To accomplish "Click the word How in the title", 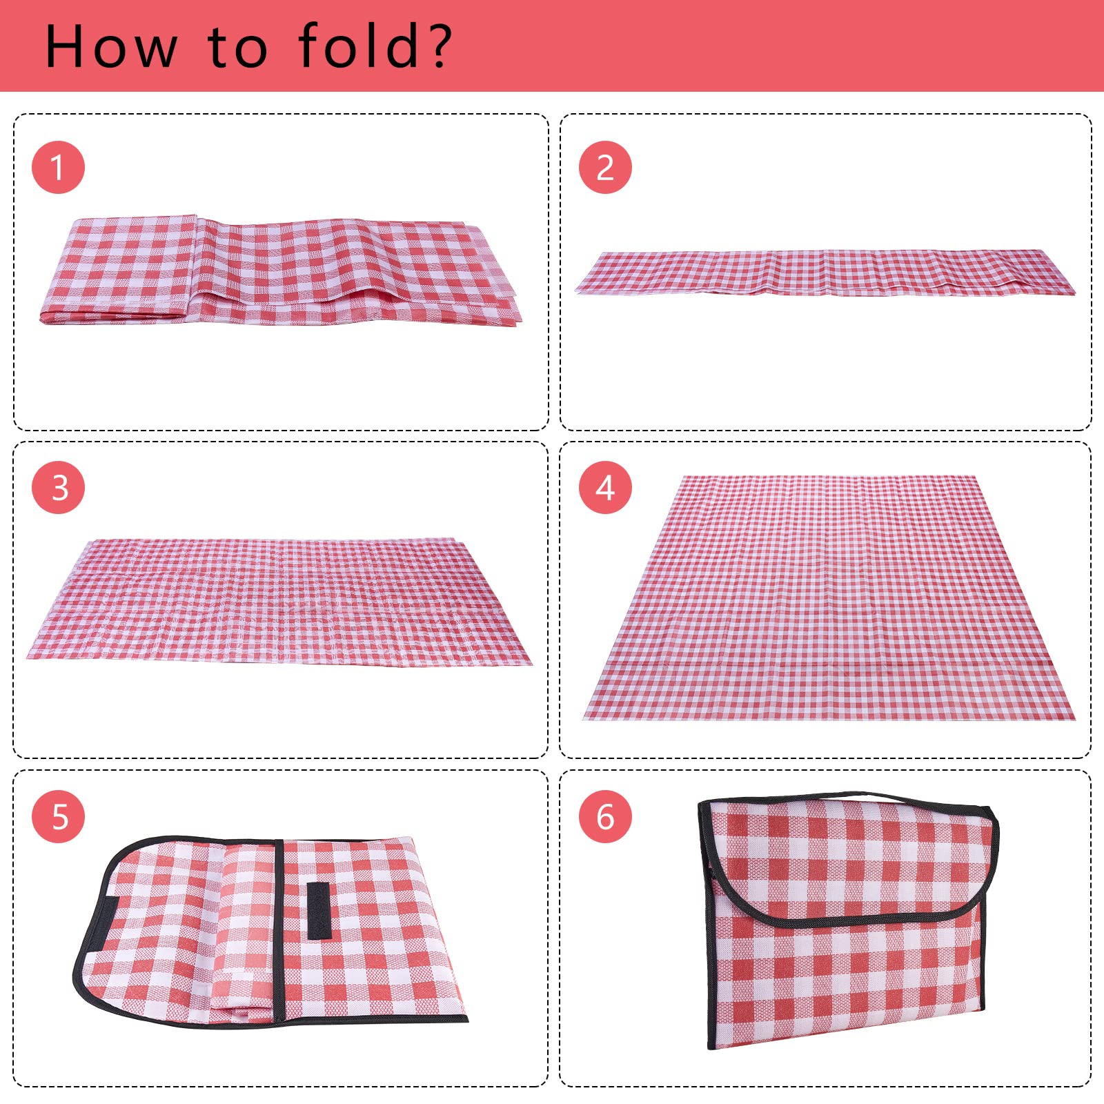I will [x=110, y=47].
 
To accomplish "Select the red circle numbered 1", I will [x=58, y=168].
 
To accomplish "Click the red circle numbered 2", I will [x=605, y=168].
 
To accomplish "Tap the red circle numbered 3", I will [x=58, y=488].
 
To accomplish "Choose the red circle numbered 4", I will [x=605, y=488].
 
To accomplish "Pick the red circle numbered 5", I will [x=58, y=816].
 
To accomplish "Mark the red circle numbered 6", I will [x=605, y=816].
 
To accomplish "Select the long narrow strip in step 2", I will [x=825, y=273].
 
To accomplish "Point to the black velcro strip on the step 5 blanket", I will [x=318, y=910].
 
